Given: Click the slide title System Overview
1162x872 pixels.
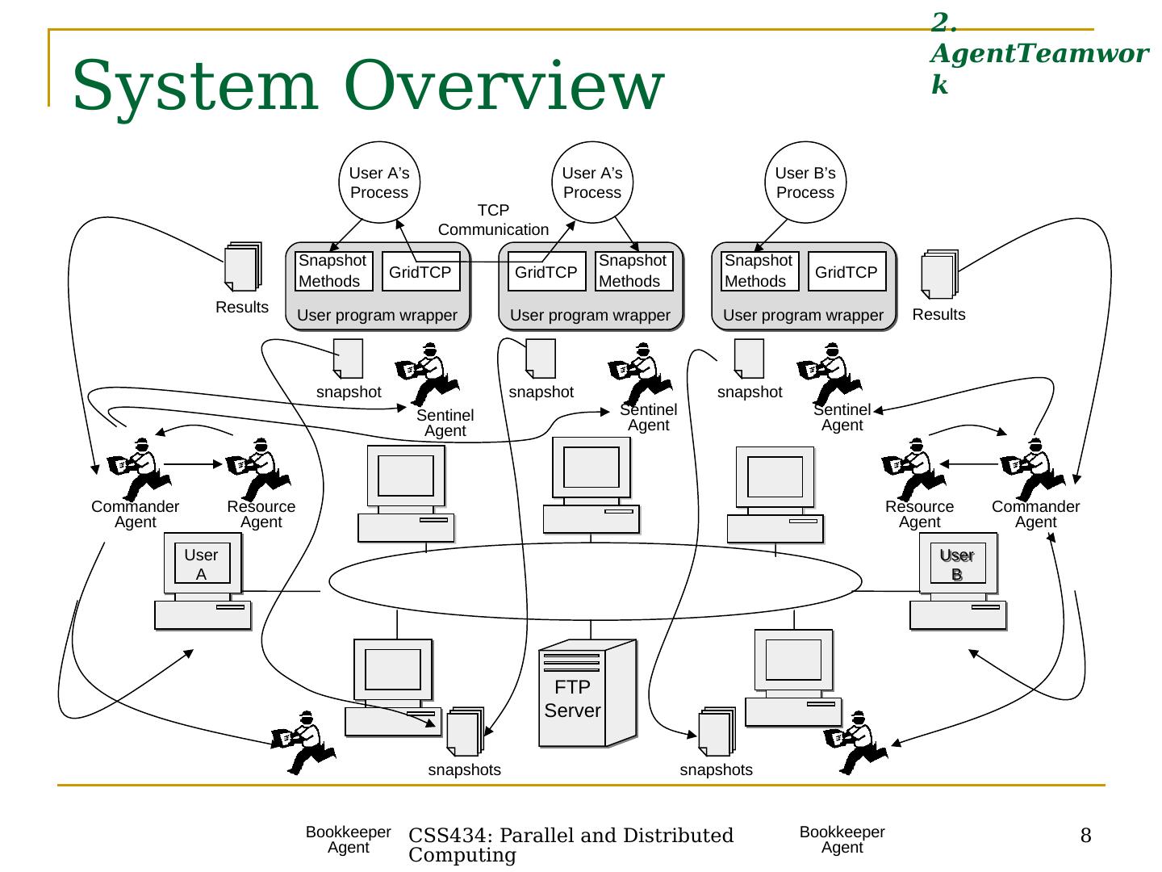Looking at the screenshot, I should (368, 85).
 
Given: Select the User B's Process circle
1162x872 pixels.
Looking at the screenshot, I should (805, 182).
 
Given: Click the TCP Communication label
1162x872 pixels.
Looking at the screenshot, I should (493, 220).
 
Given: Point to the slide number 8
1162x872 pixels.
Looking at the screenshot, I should (1085, 836).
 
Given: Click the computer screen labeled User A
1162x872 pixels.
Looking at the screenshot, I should (202, 564).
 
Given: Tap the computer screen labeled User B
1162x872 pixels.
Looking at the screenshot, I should (957, 564).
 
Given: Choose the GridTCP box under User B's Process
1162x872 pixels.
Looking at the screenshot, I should (846, 272).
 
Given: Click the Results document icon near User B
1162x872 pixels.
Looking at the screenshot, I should (939, 275).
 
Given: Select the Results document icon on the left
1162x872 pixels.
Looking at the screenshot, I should (243, 266).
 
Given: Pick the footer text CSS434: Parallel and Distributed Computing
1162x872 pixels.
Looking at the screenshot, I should (571, 845).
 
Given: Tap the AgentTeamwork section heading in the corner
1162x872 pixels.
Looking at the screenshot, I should (1039, 53).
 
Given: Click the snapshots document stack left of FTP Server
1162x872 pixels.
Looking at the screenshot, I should (465, 732).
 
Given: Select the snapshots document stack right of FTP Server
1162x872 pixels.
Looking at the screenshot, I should (717, 732).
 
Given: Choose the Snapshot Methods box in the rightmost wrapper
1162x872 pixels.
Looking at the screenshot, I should (759, 271).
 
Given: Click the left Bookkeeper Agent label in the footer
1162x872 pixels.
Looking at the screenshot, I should (348, 840).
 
